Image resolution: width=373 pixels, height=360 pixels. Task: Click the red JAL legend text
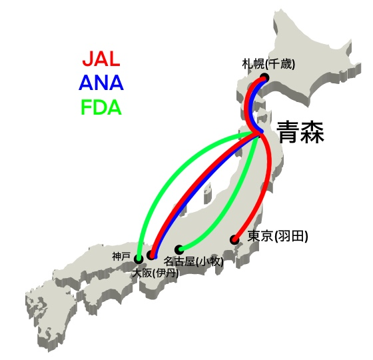click(x=101, y=59)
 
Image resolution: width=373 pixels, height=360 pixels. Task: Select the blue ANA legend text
click(x=101, y=83)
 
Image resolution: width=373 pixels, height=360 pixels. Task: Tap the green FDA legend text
click(x=101, y=107)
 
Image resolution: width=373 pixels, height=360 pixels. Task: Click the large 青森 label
click(x=301, y=133)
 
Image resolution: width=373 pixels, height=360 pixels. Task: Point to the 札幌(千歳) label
click(x=268, y=64)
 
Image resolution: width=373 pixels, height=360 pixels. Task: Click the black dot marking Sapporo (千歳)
click(x=264, y=77)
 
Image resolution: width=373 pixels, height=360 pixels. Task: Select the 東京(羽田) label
click(x=278, y=237)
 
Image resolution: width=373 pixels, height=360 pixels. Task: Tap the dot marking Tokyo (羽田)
click(x=234, y=239)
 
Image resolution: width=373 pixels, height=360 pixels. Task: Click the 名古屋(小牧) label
click(x=193, y=261)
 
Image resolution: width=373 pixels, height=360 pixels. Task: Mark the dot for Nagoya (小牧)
click(x=179, y=249)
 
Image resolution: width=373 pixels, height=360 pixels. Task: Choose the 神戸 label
click(x=121, y=257)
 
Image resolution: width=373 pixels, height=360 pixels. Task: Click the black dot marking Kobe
click(x=139, y=259)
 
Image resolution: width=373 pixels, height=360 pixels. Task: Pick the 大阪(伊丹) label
click(x=156, y=273)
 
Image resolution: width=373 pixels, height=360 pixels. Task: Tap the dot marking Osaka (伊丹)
click(x=151, y=255)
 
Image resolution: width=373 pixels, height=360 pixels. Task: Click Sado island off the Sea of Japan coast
click(x=208, y=193)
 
